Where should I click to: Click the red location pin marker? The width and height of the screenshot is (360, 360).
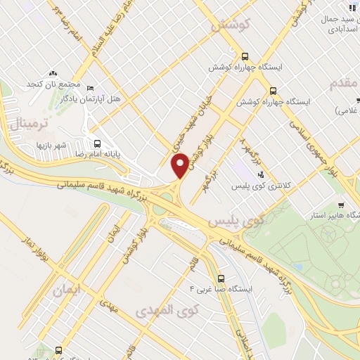click(x=180, y=165)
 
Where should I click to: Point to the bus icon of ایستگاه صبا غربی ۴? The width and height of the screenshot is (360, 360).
click(x=221, y=278)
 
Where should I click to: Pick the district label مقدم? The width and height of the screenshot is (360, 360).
click(x=345, y=84)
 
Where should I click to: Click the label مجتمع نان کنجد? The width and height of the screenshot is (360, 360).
click(x=60, y=85)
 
